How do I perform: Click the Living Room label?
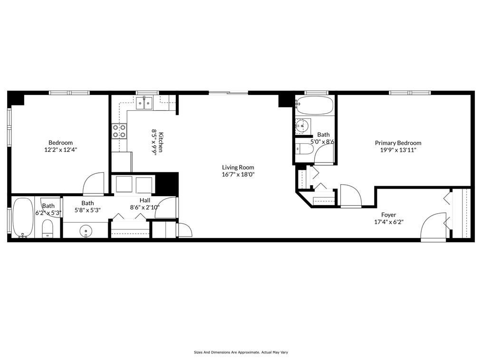(238, 167)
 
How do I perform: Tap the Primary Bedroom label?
(398, 143)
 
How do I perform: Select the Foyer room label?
(388, 215)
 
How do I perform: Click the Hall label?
(145, 200)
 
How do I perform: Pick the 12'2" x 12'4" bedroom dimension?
(60, 150)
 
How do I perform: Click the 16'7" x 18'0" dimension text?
(238, 175)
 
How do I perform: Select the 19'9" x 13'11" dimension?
(398, 150)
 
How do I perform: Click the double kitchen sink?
(144, 103)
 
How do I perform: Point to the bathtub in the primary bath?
(315, 105)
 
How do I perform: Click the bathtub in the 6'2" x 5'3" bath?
(23, 218)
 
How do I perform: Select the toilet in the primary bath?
(304, 149)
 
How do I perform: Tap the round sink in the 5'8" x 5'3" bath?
(86, 231)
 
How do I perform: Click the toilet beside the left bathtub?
(48, 229)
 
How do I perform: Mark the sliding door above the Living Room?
(228, 93)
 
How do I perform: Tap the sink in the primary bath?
(303, 126)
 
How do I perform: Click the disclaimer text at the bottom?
(241, 352)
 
